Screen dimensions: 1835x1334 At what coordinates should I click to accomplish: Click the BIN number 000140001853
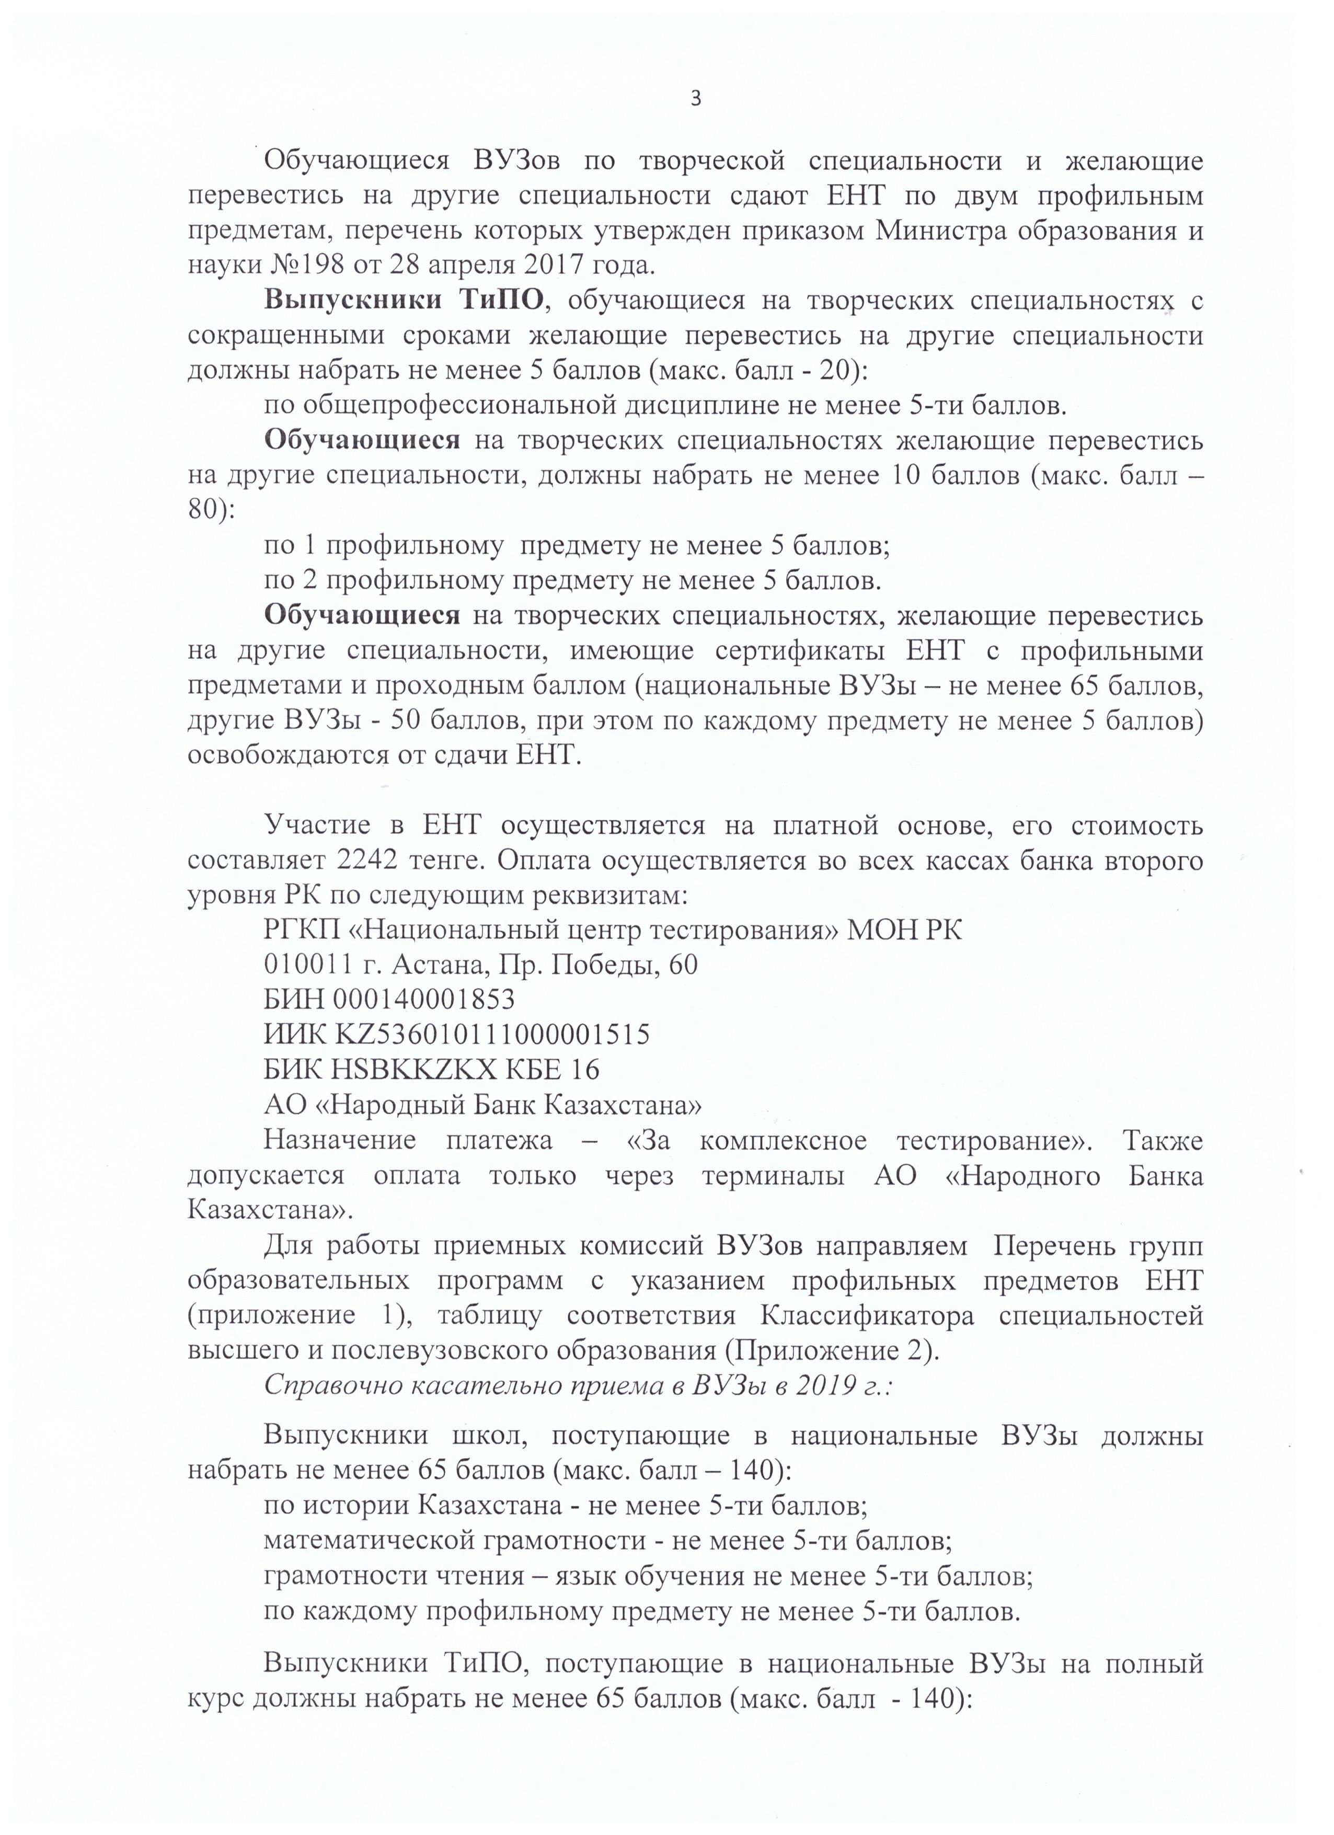pos(423,1000)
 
